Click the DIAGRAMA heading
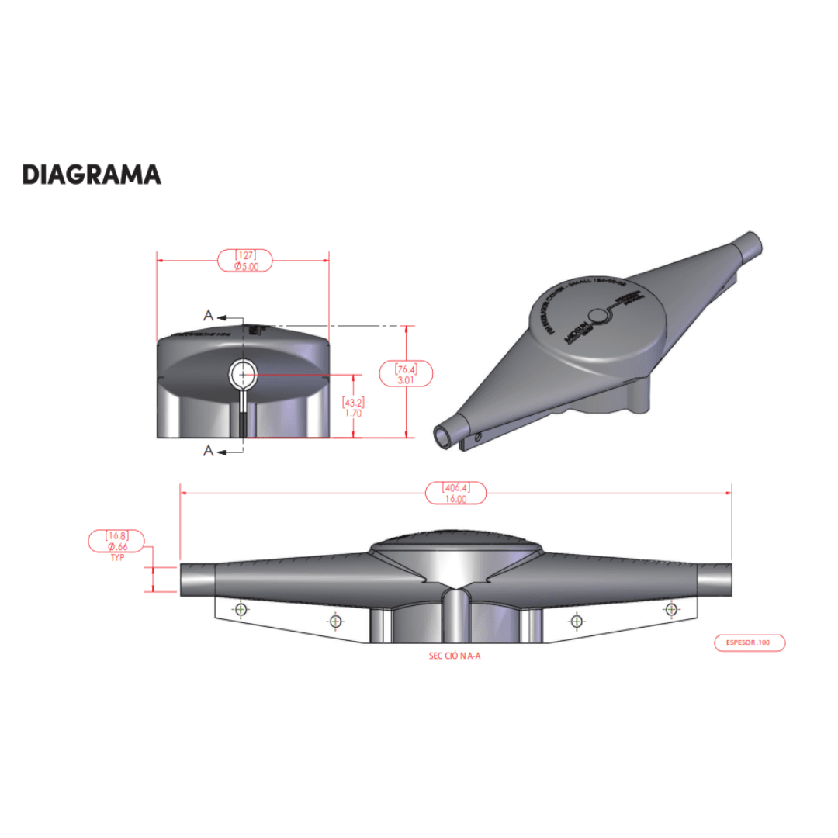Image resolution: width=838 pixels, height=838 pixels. tap(92, 175)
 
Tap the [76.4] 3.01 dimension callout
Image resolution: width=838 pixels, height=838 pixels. tap(406, 373)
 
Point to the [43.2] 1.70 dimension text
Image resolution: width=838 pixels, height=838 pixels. tap(354, 408)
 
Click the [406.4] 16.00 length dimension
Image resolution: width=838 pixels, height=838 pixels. tap(456, 493)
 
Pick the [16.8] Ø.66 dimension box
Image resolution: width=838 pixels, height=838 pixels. tap(116, 541)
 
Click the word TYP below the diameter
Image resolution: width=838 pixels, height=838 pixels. tap(118, 558)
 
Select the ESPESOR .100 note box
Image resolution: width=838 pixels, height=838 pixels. tap(749, 642)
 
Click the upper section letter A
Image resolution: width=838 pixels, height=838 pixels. tap(208, 315)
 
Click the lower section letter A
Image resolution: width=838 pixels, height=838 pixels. tap(208, 451)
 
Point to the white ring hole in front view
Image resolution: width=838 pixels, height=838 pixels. tap(244, 375)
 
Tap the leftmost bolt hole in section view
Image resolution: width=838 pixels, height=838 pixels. tap(241, 609)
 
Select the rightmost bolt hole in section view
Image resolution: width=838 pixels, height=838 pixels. tap(670, 610)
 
